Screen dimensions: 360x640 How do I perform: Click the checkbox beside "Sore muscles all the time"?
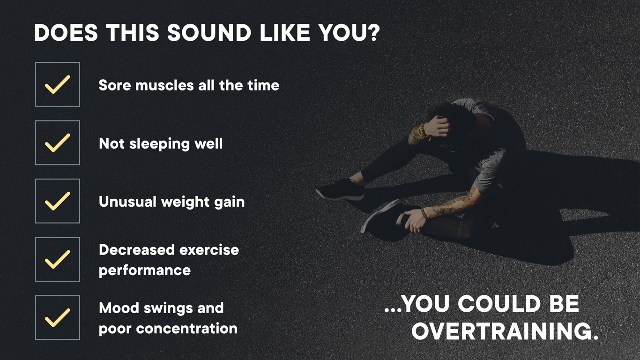[57, 84]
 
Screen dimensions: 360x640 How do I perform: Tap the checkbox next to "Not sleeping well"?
[57, 142]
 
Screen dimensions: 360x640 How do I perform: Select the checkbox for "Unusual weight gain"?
[57, 201]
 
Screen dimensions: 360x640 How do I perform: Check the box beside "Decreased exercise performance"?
[57, 259]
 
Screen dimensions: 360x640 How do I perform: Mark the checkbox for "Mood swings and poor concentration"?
[57, 317]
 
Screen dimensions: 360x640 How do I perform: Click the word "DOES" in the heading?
[66, 33]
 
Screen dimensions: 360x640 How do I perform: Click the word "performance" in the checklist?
[144, 270]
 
